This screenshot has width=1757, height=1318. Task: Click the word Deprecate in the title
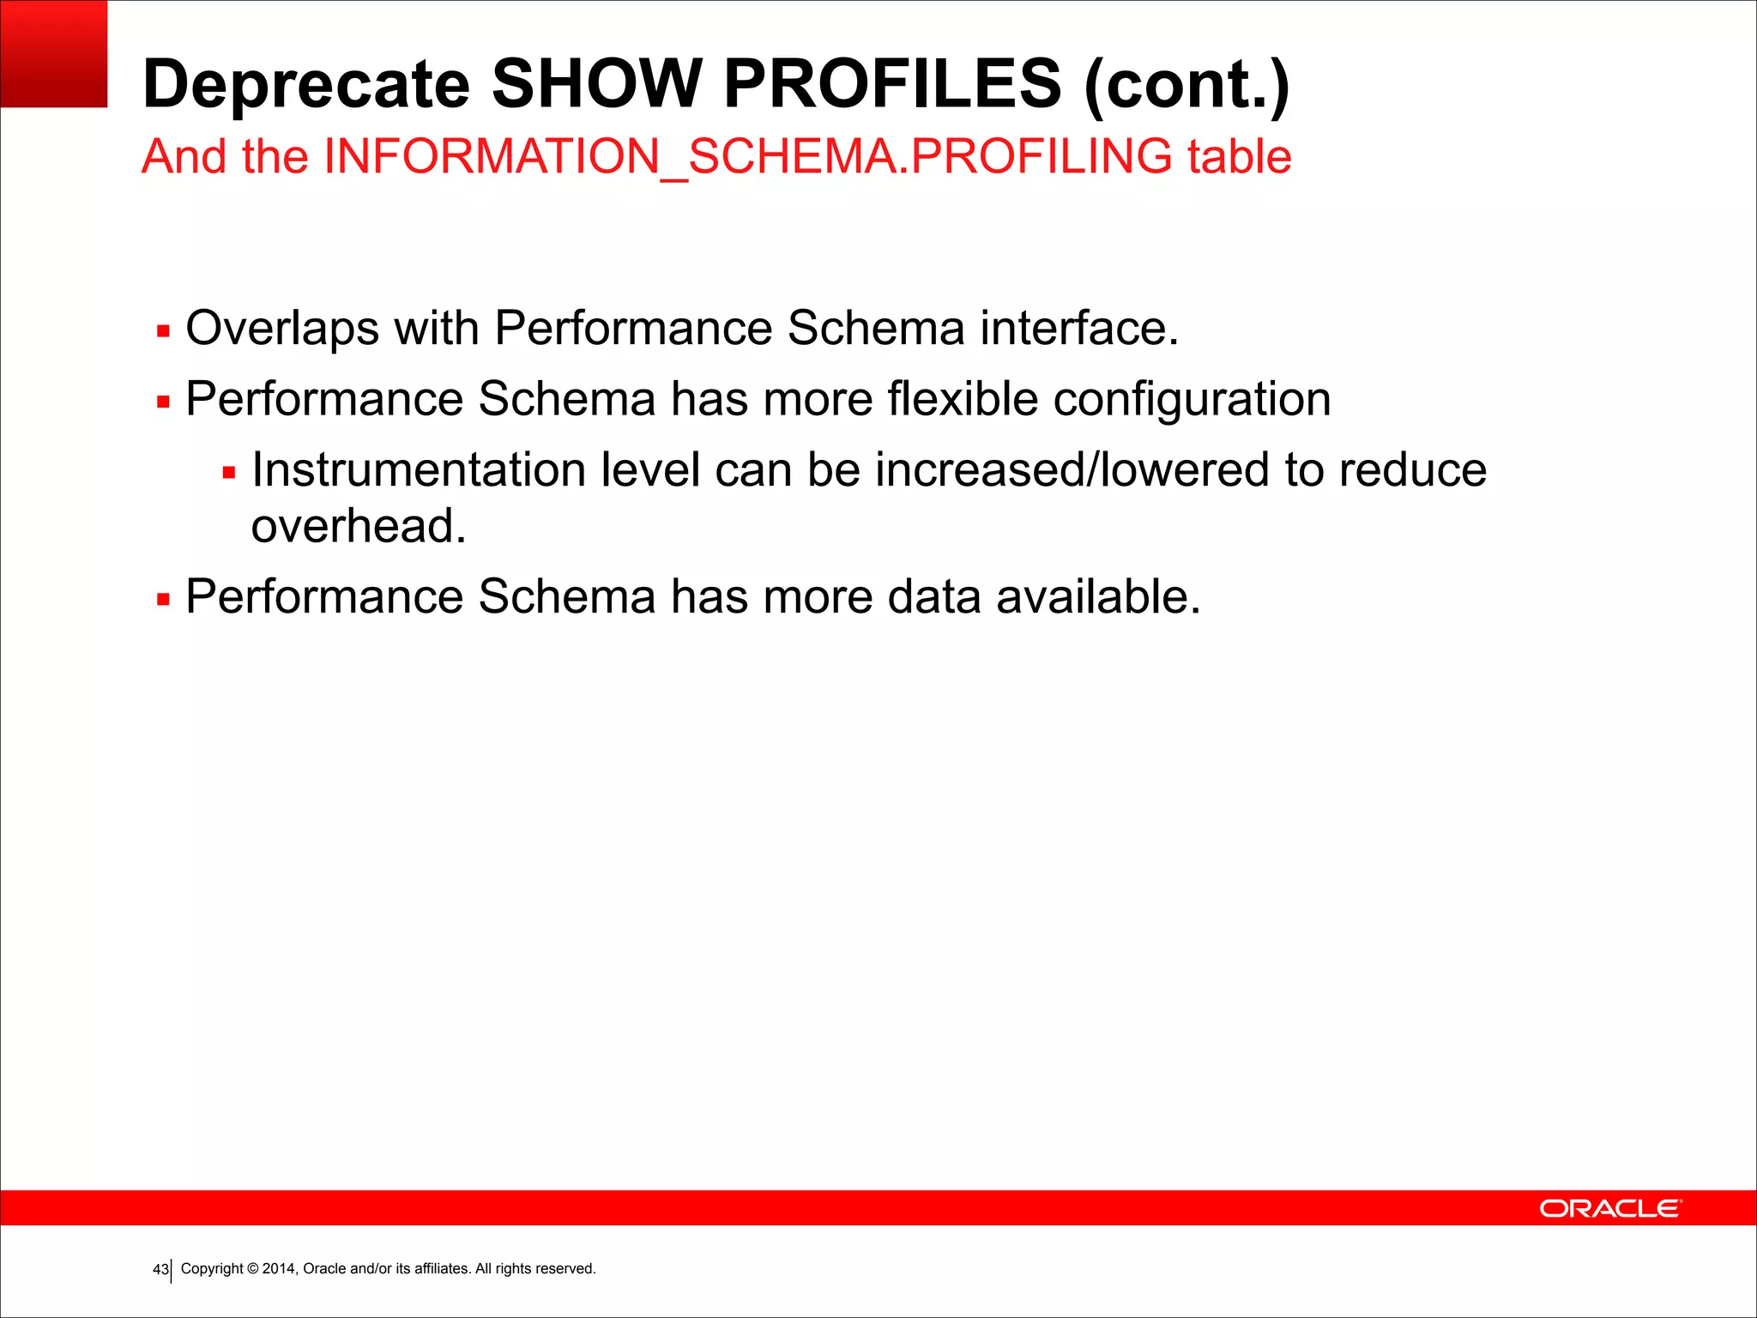tap(306, 84)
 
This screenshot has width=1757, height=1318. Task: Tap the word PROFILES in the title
tap(892, 84)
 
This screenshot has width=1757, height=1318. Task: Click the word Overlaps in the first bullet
tap(282, 329)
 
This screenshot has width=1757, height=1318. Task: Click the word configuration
tap(1192, 400)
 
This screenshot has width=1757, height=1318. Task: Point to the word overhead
tap(358, 526)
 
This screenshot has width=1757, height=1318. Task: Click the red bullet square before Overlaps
tap(163, 331)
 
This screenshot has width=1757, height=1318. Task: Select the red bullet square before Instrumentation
tap(228, 473)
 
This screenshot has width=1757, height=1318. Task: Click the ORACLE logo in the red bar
tap(1610, 1208)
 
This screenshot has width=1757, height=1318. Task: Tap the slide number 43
tap(160, 1269)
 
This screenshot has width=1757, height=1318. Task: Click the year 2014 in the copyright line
tap(279, 1268)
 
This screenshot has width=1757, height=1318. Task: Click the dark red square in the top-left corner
tap(53, 53)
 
